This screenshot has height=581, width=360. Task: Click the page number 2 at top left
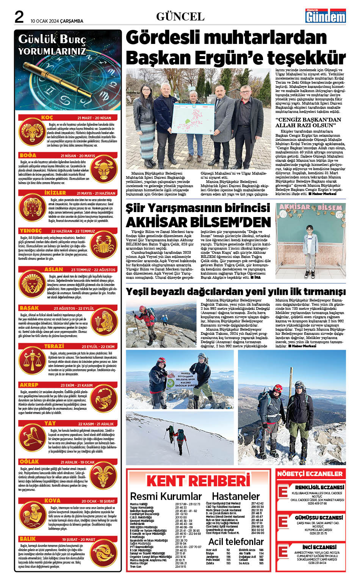click(19, 17)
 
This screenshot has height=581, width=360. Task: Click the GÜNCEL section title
click(180, 17)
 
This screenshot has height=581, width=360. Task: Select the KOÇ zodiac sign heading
click(47, 118)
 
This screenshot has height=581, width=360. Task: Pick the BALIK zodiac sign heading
click(28, 539)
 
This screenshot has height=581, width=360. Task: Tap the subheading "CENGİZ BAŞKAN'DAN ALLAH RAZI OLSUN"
click(308, 122)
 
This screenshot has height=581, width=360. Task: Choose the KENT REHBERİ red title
click(198, 481)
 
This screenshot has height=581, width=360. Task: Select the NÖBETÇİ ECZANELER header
click(310, 474)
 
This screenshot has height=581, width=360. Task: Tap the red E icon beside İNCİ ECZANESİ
click(283, 551)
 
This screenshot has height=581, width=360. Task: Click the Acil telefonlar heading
click(236, 542)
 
